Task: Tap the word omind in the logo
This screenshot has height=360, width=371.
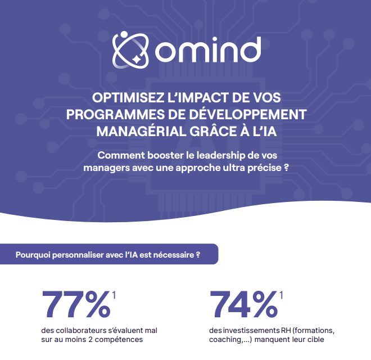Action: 208,50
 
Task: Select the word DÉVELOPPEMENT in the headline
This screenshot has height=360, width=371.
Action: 248,114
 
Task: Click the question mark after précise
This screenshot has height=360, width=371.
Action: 286,168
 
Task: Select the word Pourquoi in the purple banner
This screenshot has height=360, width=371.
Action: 33,255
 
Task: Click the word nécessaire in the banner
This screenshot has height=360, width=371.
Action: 174,255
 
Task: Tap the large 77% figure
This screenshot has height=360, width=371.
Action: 76,304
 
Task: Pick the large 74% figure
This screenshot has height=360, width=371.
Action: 243,304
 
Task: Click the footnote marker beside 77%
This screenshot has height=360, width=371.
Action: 114,295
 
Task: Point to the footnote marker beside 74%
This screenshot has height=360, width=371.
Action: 281,295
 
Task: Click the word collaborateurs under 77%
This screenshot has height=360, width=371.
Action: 81,330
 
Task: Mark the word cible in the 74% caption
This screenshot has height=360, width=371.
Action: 316,339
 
